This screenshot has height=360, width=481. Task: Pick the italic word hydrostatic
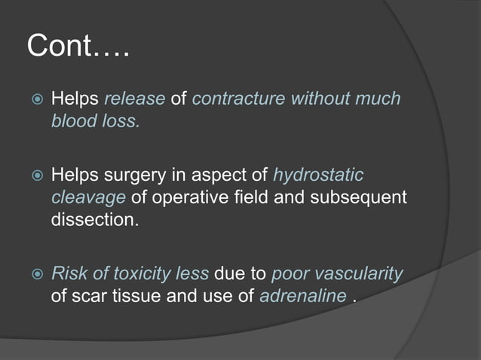[x=317, y=175]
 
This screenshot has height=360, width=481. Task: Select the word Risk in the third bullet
[x=69, y=273]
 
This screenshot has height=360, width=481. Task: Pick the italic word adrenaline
[x=302, y=296]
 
